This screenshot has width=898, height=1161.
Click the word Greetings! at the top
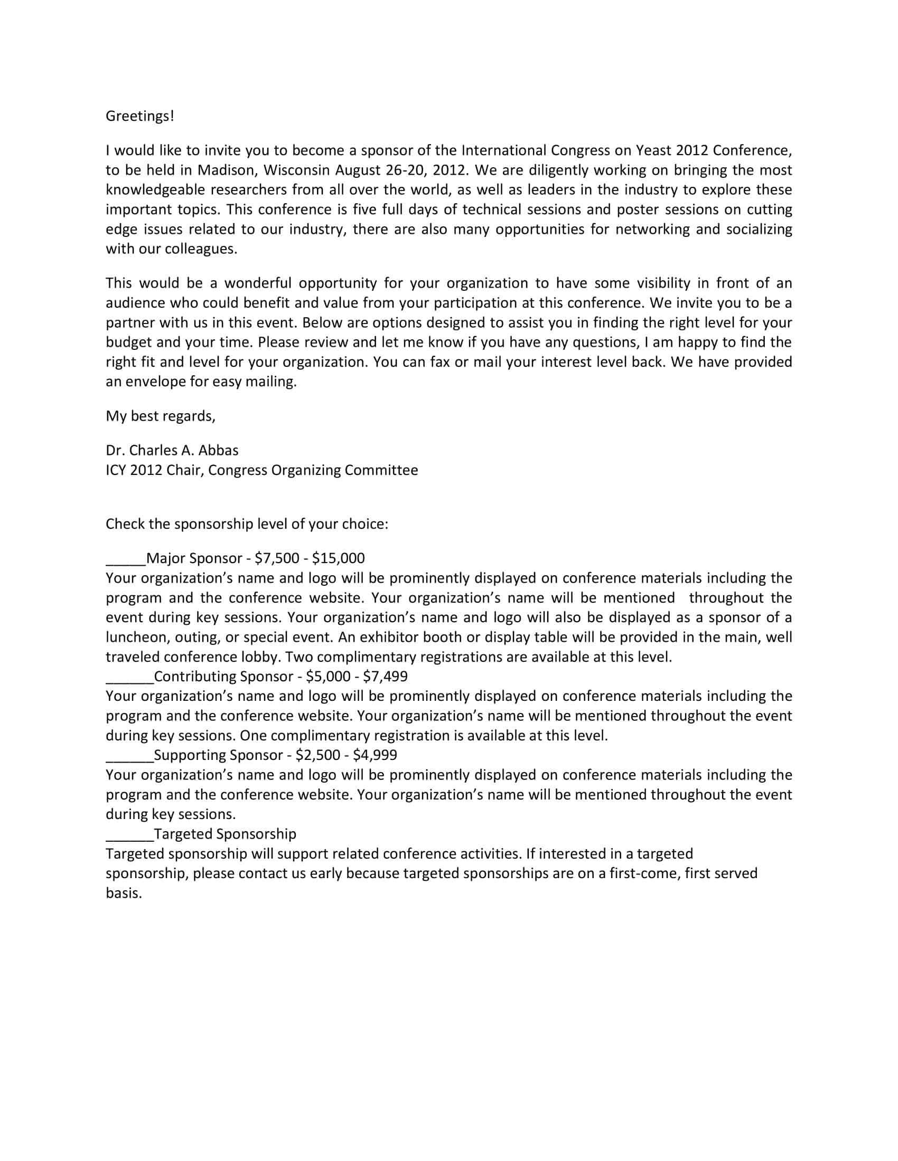(140, 116)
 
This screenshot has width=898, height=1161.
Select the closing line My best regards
(161, 416)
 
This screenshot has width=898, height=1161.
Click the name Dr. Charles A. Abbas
(172, 450)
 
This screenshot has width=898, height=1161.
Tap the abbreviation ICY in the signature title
(116, 470)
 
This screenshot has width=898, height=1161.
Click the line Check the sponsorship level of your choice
(247, 524)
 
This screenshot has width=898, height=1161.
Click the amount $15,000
(339, 558)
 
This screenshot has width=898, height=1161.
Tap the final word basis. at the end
(124, 892)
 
